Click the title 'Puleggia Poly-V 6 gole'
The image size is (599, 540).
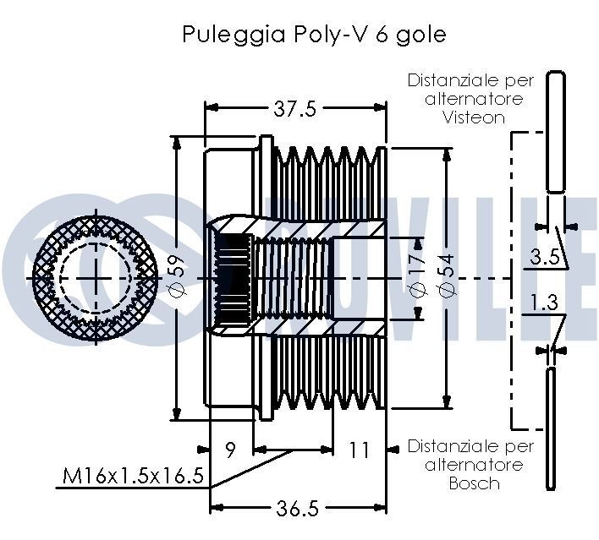(313, 35)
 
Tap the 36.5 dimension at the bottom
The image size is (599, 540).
(296, 508)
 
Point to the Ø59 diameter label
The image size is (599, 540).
(176, 277)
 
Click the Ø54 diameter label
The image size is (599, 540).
(447, 275)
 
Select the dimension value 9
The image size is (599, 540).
(231, 450)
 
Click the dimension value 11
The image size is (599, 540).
(359, 450)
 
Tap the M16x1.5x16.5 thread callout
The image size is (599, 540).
(134, 477)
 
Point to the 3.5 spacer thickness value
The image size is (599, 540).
(544, 258)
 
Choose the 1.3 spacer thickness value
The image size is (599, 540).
(544, 303)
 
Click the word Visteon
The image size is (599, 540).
(474, 117)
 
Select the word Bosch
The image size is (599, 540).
(474, 483)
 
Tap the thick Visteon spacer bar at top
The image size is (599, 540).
(554, 131)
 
